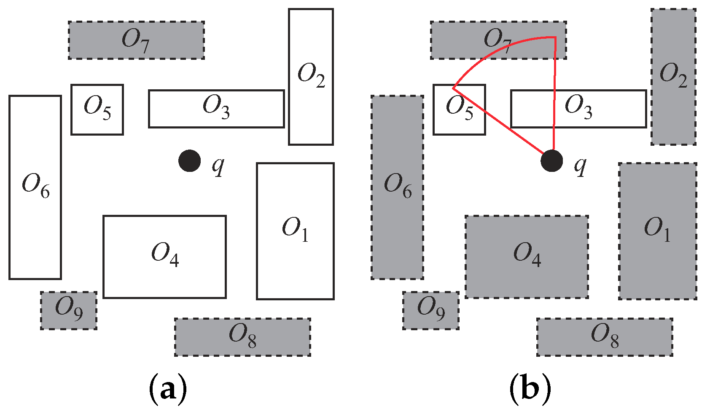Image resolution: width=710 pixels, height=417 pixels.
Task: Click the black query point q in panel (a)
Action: (189, 160)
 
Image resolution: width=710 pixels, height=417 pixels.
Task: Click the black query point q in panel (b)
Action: (551, 160)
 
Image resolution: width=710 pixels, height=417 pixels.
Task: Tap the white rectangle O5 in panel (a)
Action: (97, 110)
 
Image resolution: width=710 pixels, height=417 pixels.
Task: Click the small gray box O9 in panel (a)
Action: (69, 310)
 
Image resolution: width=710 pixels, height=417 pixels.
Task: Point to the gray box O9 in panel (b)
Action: (431, 310)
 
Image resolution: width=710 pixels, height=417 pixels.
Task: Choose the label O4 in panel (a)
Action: (165, 255)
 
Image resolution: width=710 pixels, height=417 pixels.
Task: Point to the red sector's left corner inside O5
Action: (454, 88)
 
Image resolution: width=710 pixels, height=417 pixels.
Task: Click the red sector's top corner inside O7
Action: (555, 37)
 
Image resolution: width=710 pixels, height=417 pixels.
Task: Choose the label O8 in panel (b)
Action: (605, 336)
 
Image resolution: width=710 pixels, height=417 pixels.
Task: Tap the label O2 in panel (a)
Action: (311, 76)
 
